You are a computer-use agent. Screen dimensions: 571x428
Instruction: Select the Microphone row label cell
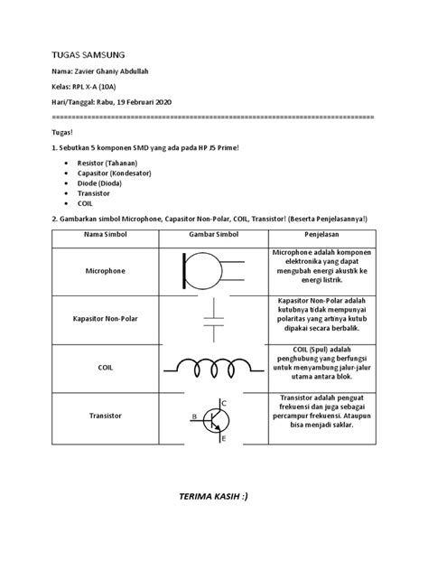[107, 270]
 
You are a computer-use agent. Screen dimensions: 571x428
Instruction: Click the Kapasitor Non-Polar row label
[107, 319]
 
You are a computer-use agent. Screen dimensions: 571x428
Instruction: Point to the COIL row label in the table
[107, 367]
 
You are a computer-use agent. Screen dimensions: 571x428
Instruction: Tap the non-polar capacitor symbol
[213, 319]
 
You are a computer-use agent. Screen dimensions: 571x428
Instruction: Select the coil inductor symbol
[213, 367]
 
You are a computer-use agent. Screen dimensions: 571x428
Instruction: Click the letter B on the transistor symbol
[192, 417]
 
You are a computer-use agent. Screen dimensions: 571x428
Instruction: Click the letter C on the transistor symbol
[223, 401]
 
